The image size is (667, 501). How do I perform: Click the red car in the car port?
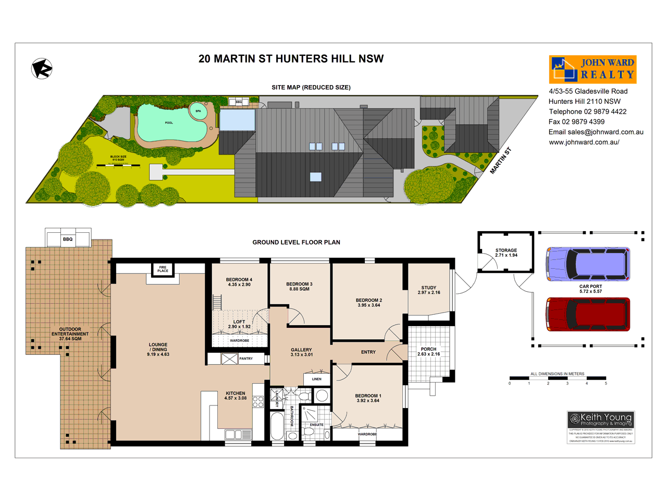[x=588, y=314]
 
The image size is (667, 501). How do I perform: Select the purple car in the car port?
[x=588, y=264]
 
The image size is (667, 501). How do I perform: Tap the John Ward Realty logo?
[x=592, y=69]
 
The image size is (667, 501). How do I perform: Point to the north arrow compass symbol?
[x=42, y=68]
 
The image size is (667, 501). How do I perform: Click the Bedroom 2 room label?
[x=369, y=303]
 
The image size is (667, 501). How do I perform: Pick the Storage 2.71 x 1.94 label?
[x=506, y=253]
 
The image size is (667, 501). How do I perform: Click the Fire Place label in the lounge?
[x=163, y=269]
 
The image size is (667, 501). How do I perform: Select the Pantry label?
[x=246, y=359]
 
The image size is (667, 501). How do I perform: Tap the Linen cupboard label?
[x=317, y=379]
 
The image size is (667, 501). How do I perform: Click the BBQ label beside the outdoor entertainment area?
[x=68, y=239]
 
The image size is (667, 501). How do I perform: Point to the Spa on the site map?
[x=198, y=111]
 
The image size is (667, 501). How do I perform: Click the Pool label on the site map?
[x=169, y=123]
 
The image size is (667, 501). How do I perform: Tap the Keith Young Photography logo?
[x=601, y=427]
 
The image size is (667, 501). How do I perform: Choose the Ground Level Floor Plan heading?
[x=296, y=242]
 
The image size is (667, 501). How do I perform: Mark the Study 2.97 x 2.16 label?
[x=429, y=290]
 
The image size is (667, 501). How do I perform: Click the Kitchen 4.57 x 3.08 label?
[x=236, y=396]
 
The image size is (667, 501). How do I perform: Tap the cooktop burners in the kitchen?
[x=258, y=401]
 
